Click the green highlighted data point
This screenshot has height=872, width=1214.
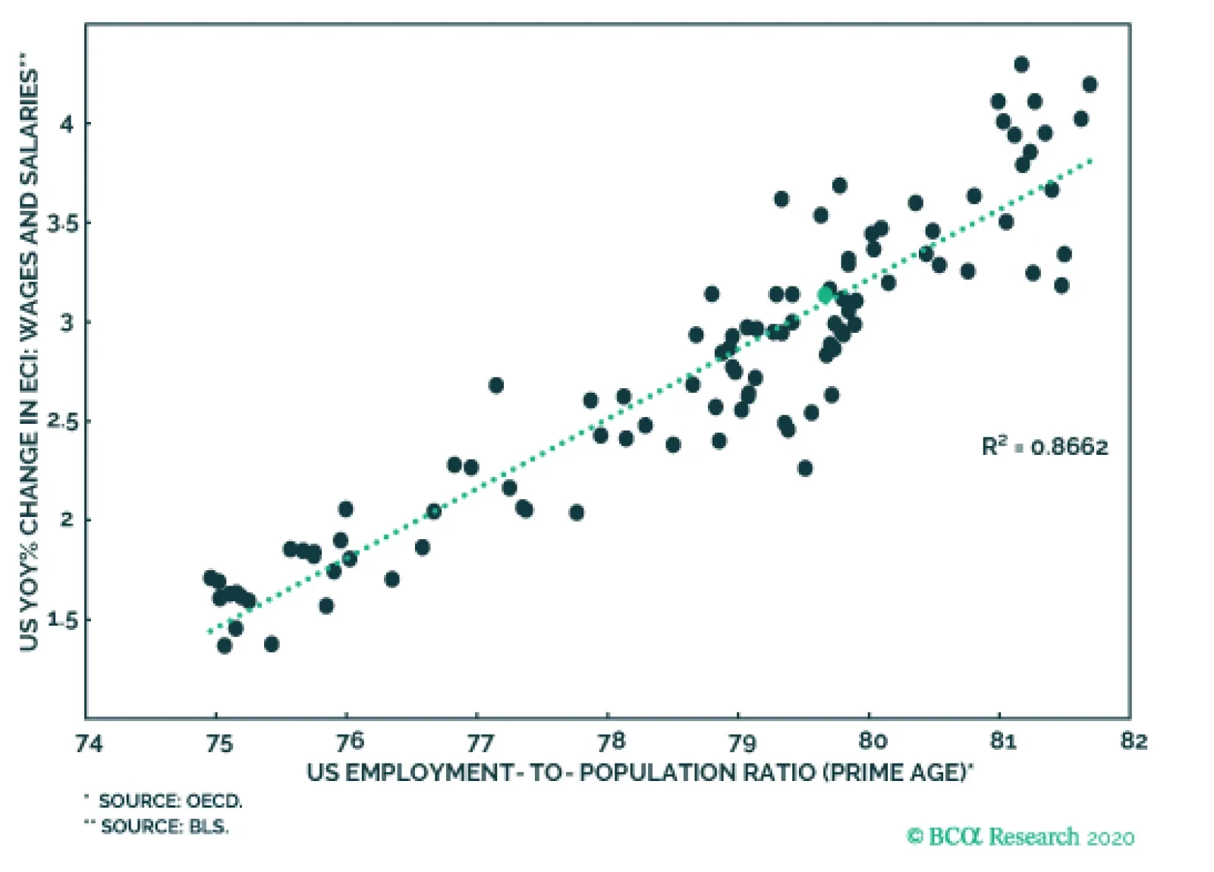coord(826,295)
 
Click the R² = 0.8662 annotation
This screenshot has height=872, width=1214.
coord(1044,447)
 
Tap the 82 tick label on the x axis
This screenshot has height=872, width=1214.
coord(1134,741)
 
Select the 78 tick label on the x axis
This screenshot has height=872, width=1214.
coord(611,741)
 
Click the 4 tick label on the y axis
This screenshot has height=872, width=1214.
coord(68,123)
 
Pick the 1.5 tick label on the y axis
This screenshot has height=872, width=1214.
coord(62,619)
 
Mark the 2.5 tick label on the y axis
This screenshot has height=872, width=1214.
coord(62,421)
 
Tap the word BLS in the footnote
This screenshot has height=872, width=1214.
coord(208,827)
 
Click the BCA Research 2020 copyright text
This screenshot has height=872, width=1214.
coord(1021,837)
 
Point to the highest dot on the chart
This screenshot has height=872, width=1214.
coord(1021,64)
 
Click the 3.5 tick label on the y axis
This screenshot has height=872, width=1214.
coord(62,223)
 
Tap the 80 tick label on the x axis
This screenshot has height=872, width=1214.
coord(872,741)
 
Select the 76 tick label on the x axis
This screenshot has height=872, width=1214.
coord(349,741)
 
